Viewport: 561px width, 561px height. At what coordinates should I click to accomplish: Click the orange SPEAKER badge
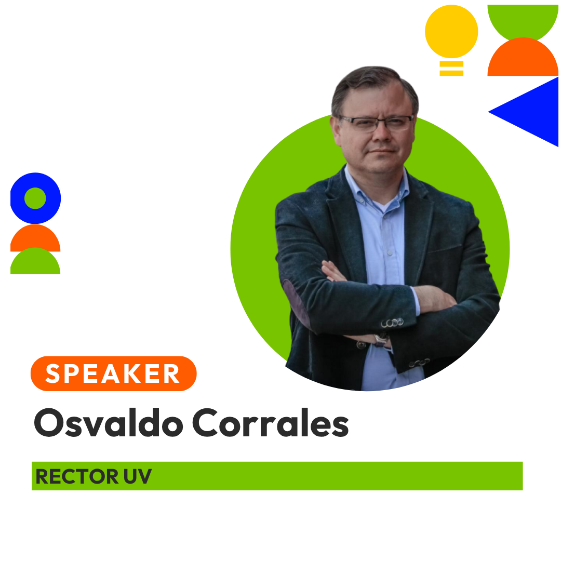coord(113,373)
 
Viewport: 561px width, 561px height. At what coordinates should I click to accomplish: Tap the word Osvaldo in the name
coord(109,422)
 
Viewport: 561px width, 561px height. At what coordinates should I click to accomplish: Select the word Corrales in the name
coord(271,422)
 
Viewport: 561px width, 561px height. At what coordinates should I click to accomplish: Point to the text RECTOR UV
coord(94,476)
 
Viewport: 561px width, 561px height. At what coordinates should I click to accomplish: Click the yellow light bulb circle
coord(451,32)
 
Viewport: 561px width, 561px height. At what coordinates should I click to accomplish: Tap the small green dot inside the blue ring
coord(35,198)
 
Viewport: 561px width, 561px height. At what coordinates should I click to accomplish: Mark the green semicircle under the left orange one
coord(35,261)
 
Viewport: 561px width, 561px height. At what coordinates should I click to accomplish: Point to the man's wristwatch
coord(381,339)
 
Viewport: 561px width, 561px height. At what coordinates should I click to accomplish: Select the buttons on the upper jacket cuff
coord(392,323)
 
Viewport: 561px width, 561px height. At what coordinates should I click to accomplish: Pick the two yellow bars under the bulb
coord(451,69)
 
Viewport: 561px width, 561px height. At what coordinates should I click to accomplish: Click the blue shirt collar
coord(376,190)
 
